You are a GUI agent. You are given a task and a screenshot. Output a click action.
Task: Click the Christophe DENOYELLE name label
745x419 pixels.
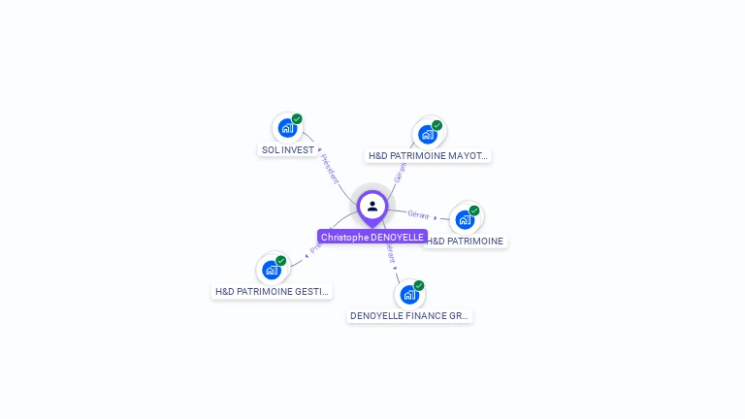[x=372, y=237]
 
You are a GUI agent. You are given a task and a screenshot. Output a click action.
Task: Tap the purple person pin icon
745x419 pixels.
[x=372, y=207]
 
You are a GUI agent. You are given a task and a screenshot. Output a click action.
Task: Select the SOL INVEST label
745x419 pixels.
[x=288, y=150]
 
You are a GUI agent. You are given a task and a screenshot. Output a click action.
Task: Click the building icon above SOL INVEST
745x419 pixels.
[x=286, y=127]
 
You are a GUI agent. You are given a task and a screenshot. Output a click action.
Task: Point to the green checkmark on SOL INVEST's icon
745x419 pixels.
[x=297, y=118]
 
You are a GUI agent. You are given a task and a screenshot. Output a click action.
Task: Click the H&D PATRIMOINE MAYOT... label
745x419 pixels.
[x=429, y=155]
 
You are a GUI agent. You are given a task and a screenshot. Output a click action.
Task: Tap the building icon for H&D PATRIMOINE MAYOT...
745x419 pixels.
[x=427, y=134]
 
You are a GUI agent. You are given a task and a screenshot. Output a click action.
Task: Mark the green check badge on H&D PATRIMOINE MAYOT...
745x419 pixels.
[x=437, y=125]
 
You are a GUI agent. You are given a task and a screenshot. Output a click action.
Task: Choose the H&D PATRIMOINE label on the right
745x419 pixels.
[x=466, y=241]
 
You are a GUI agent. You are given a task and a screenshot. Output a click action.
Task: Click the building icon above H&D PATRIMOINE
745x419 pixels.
[x=465, y=219]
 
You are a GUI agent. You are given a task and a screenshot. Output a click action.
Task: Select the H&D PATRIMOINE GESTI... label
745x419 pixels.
[x=272, y=291]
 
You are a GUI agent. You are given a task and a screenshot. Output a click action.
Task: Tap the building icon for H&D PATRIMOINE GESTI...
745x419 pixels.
[x=271, y=269]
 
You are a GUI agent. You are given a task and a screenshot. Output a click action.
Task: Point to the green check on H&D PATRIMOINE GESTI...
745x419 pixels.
[x=281, y=260]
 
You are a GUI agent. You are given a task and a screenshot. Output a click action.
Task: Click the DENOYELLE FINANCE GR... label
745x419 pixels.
[x=409, y=316]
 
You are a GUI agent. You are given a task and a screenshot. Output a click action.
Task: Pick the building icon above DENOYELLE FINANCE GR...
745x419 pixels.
[x=408, y=294]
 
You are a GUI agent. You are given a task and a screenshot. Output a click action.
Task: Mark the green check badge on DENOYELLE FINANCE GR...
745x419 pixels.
[x=419, y=285]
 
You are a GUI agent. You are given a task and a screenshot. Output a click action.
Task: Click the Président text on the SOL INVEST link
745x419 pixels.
[x=330, y=169]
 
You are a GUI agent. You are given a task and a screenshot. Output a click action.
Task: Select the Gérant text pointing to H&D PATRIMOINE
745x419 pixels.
[x=418, y=214]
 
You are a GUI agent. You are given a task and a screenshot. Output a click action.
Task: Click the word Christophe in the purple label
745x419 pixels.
[x=344, y=237]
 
